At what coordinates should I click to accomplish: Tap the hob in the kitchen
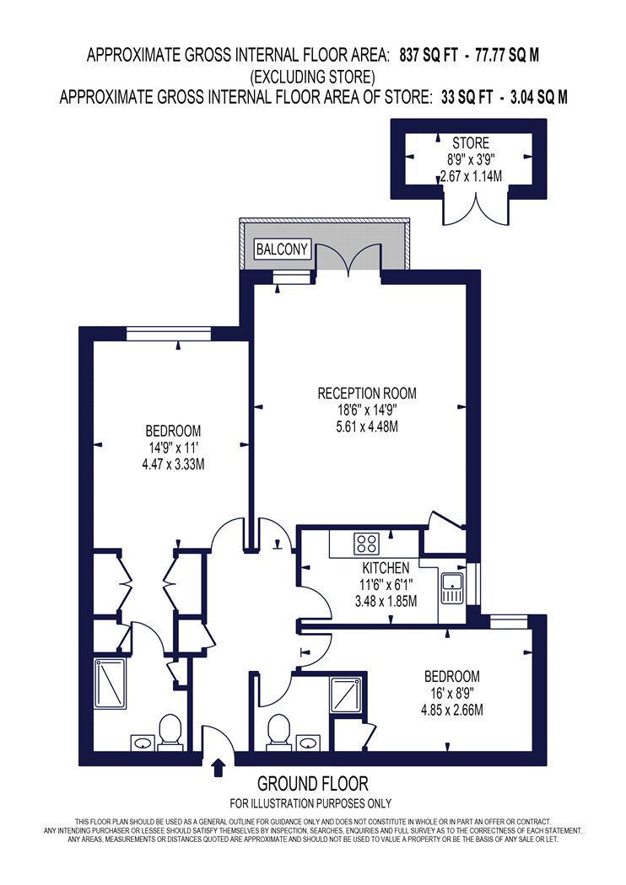click(x=366, y=544)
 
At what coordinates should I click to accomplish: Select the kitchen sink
click(x=452, y=588)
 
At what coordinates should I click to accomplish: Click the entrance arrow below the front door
click(x=219, y=768)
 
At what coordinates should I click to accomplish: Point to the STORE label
click(x=471, y=143)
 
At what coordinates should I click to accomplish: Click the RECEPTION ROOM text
click(x=367, y=393)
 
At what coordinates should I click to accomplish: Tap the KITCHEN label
click(x=386, y=567)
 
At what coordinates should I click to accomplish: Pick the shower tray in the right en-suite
click(x=346, y=694)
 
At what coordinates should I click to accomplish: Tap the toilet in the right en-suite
click(x=278, y=732)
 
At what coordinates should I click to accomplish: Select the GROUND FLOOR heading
click(x=313, y=783)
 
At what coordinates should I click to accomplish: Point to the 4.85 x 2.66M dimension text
click(x=452, y=710)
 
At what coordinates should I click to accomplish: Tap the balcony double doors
click(x=348, y=260)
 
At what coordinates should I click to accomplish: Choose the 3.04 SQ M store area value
click(x=538, y=98)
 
